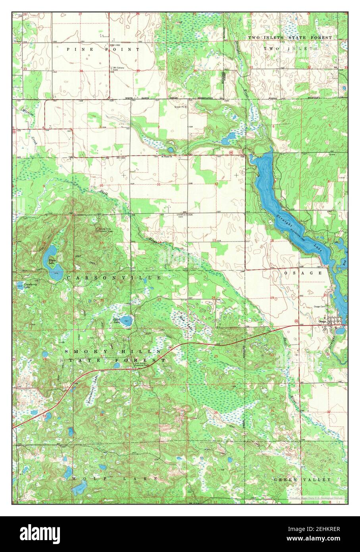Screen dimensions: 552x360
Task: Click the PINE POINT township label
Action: (x=103, y=49)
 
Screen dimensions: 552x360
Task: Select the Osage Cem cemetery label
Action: (x=320, y=307)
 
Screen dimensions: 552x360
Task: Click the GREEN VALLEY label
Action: (x=302, y=480)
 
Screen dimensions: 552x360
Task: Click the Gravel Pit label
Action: (x=181, y=107)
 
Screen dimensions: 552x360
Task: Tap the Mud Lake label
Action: (x=182, y=317)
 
